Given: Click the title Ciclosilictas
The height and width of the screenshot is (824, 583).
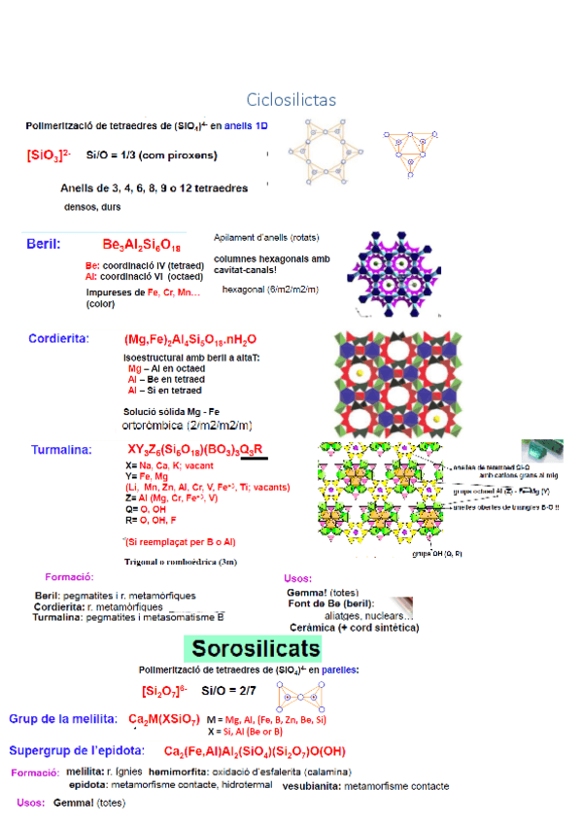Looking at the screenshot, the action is (291, 100).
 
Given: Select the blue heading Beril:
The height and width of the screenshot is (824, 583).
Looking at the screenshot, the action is (45, 244).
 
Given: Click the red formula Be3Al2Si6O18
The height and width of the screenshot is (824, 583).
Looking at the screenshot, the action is (141, 244).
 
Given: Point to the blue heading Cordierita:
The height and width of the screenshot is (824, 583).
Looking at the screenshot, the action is (58, 338).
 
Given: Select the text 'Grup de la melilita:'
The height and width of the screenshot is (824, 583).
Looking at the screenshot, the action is (63, 719).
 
